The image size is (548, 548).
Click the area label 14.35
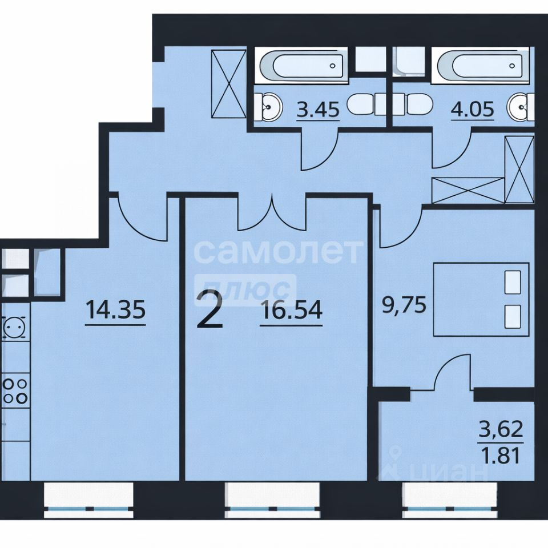[115, 311]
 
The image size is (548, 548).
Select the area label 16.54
[292, 311]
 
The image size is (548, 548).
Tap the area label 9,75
[404, 305]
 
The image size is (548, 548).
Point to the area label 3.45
[318, 110]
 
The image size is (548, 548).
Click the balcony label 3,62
[501, 429]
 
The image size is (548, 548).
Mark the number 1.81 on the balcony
[501, 455]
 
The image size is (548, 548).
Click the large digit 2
[209, 311]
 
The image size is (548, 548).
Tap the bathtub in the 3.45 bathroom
[301, 65]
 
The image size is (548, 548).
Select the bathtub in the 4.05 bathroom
[481, 65]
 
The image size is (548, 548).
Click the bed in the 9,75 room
[481, 300]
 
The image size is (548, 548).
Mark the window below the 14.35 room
[89, 501]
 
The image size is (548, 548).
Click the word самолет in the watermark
[278, 251]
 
